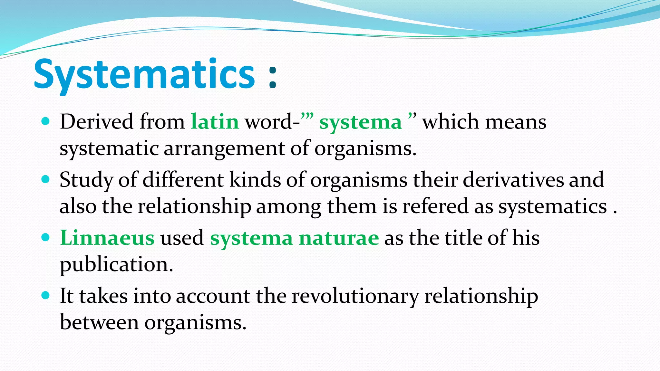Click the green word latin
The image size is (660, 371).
[x=215, y=122]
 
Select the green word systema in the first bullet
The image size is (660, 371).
[x=360, y=123]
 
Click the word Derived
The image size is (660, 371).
[x=96, y=122]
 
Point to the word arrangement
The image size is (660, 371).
[x=225, y=149]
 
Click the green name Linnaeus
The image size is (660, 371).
[x=107, y=238]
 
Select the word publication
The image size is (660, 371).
[x=116, y=265]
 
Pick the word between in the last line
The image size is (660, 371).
[x=99, y=322]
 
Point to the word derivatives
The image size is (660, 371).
[x=513, y=180]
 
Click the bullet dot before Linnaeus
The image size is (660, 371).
[x=46, y=238]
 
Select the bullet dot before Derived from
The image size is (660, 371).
[x=46, y=121]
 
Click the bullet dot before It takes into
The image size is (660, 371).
[x=46, y=295]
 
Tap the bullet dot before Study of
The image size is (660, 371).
[x=46, y=179]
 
